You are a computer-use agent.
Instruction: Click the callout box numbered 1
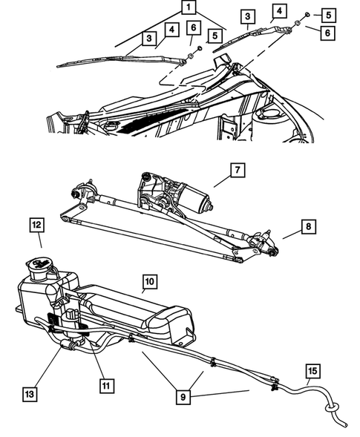[189, 7]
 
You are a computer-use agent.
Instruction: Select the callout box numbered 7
[238, 170]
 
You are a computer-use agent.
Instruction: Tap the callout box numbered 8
[308, 226]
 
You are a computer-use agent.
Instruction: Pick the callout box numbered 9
[183, 397]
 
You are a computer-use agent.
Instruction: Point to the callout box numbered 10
[150, 282]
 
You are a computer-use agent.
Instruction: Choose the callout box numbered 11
[107, 386]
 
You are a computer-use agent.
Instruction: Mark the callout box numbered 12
[37, 226]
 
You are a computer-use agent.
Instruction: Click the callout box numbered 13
[30, 394]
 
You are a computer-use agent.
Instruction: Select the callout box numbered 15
[313, 371]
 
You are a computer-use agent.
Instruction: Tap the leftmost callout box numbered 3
[149, 38]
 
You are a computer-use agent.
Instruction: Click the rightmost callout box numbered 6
[327, 33]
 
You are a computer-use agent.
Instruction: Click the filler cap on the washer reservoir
[38, 263]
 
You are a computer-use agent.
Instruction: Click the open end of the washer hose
[346, 425]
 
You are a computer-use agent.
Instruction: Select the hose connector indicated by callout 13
[68, 345]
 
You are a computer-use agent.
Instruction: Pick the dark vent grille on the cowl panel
[150, 120]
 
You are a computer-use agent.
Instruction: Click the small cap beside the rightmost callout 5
[307, 14]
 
